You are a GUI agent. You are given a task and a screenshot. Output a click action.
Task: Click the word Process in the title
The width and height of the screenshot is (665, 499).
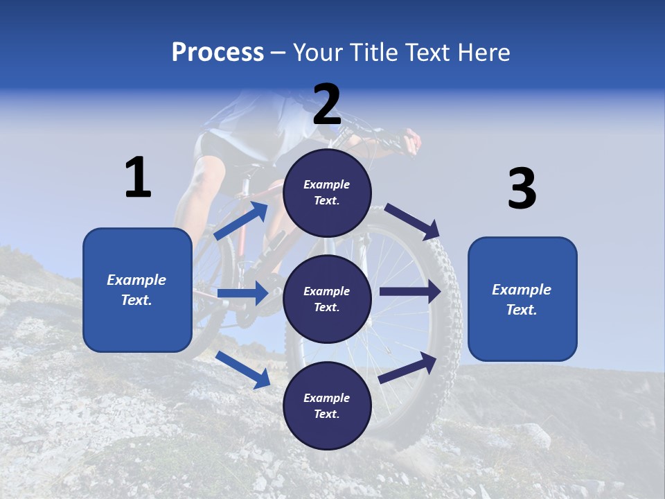(218, 52)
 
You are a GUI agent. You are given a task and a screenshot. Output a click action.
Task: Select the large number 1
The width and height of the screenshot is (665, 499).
(138, 177)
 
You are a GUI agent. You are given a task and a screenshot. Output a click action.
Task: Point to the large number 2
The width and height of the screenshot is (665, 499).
(327, 105)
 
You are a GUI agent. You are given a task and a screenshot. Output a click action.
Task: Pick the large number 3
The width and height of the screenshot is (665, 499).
(522, 189)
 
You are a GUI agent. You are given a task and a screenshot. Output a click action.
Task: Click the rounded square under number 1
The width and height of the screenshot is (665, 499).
(137, 290)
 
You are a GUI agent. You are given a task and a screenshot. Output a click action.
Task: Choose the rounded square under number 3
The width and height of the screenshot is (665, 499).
(522, 299)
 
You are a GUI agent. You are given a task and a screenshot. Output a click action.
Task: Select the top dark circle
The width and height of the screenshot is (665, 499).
(327, 193)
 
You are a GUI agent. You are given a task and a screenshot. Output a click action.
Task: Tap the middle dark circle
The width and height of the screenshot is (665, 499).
(327, 299)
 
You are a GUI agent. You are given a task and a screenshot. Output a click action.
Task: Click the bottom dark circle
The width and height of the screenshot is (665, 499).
(327, 405)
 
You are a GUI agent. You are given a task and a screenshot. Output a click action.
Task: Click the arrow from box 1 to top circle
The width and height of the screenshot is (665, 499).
(241, 221)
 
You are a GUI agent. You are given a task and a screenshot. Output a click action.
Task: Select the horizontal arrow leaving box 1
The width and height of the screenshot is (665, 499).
(242, 293)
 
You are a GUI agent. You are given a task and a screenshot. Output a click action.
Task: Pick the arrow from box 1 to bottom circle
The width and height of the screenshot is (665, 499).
(242, 369)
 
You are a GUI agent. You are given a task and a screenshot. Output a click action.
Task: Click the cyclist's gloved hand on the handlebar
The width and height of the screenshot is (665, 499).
(410, 141)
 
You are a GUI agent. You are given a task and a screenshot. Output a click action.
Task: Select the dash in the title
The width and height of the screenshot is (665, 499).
(278, 53)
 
